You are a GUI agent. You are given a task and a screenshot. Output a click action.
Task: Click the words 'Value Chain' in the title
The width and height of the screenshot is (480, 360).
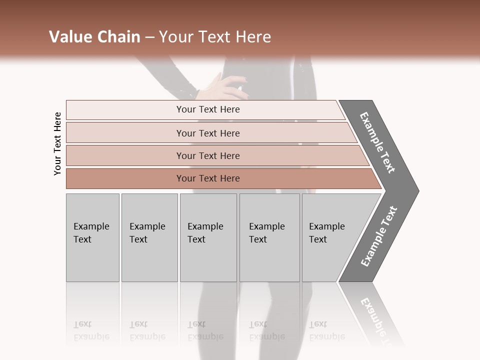(94, 37)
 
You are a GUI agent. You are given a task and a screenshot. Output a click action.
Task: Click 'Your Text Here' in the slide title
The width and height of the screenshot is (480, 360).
(215, 37)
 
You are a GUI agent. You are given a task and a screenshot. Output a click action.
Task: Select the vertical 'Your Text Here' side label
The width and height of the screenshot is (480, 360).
(57, 143)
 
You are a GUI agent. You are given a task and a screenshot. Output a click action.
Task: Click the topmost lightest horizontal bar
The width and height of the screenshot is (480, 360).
(125, 110)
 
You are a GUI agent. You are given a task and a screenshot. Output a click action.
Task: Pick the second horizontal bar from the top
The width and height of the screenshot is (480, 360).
(125, 133)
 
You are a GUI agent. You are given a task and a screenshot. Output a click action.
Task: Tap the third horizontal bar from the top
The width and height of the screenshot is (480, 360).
(125, 155)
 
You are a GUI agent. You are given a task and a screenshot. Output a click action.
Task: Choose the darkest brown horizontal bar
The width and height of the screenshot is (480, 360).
(125, 178)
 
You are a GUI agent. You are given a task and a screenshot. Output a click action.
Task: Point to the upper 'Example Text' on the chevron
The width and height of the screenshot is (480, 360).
(378, 142)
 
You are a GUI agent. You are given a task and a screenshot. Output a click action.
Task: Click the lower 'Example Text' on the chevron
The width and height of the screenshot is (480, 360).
(379, 236)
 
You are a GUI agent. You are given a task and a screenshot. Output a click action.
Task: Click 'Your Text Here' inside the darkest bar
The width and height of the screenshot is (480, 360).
(208, 178)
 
